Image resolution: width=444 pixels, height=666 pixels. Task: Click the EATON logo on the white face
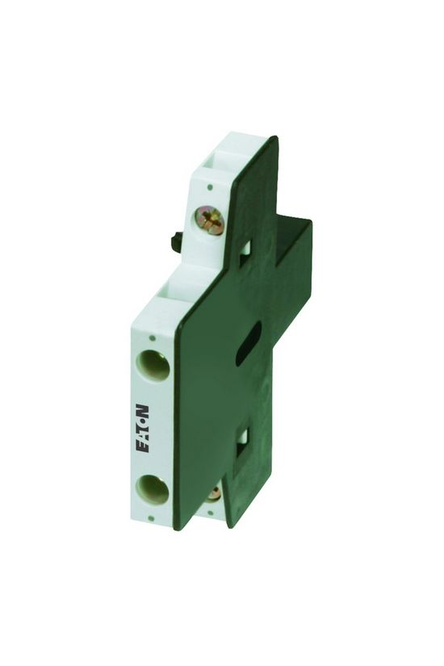(x=142, y=429)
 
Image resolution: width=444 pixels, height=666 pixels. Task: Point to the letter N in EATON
(x=142, y=411)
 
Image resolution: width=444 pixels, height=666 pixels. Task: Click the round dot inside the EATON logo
(x=142, y=421)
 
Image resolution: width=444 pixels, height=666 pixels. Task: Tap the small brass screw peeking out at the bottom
(x=214, y=492)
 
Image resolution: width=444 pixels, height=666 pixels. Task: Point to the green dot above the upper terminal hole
(x=153, y=338)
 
